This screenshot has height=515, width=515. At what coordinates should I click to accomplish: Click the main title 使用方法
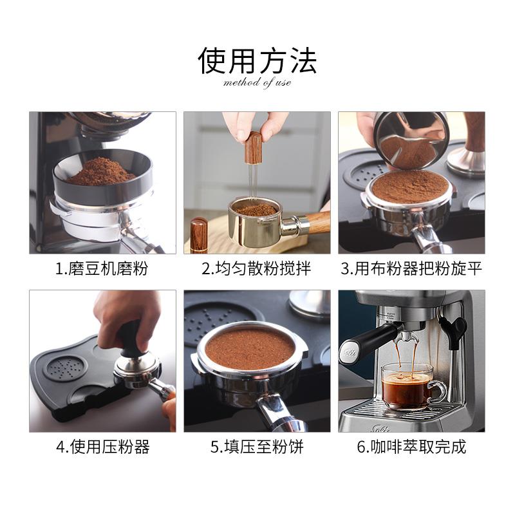257,61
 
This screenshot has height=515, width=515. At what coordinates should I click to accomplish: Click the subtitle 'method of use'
257,82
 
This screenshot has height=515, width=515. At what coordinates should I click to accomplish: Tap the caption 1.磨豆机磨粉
102,268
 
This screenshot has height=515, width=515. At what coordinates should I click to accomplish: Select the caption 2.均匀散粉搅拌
256,268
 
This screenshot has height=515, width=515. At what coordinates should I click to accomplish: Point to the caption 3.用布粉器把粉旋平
411,268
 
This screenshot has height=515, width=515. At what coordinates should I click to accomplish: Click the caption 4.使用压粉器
103,447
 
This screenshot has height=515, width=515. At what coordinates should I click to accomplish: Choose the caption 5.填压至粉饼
257,447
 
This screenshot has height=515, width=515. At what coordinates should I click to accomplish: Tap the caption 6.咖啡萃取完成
411,447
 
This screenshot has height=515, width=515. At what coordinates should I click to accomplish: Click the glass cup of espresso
411,386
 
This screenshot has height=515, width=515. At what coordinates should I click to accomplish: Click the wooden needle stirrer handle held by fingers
252,147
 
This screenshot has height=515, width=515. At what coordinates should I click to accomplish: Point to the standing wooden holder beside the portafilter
199,235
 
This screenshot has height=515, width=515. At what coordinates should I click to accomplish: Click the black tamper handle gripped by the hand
131,339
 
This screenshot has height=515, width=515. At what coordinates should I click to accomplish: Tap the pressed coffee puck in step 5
250,348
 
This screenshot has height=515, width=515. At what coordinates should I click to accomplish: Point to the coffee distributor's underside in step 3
411,149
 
